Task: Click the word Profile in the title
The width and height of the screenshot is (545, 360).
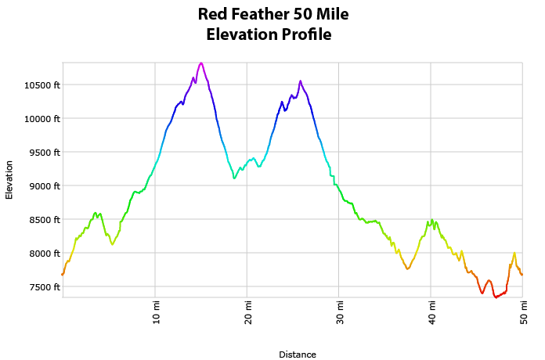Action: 303,34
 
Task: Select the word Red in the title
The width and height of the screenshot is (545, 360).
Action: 213,14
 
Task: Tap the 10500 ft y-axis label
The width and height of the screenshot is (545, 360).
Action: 41,85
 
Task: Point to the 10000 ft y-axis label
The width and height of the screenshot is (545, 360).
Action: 41,118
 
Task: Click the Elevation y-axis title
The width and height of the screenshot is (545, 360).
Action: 9,179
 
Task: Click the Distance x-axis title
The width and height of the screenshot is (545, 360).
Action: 298,355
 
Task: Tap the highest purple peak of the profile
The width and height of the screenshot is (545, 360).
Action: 201,63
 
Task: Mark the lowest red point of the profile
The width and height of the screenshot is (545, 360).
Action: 496,297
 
